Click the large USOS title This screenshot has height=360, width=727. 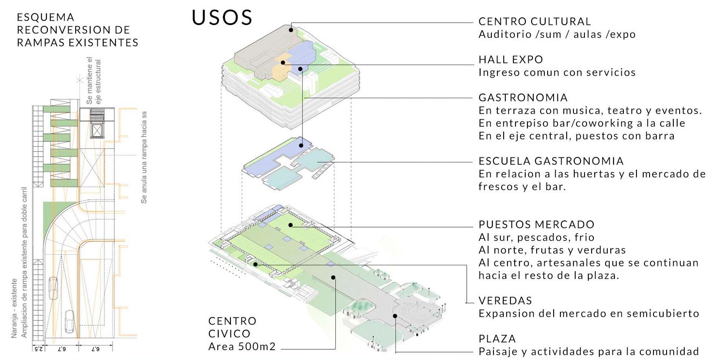pos(222,18)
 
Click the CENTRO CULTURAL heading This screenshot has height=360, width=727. pos(535,22)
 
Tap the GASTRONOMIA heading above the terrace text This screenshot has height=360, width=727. pos(523,98)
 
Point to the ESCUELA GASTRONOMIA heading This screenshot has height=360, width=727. pos(551,161)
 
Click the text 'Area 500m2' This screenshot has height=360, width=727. pos(242,347)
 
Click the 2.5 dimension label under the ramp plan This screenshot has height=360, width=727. pos(38,349)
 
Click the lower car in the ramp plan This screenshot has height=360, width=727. pos(70,322)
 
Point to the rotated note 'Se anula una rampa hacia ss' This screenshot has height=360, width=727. pos(144,157)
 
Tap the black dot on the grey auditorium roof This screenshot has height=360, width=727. pos(291,30)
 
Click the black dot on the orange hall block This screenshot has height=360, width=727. pos(283,63)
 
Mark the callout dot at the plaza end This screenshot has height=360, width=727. pos(395,316)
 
